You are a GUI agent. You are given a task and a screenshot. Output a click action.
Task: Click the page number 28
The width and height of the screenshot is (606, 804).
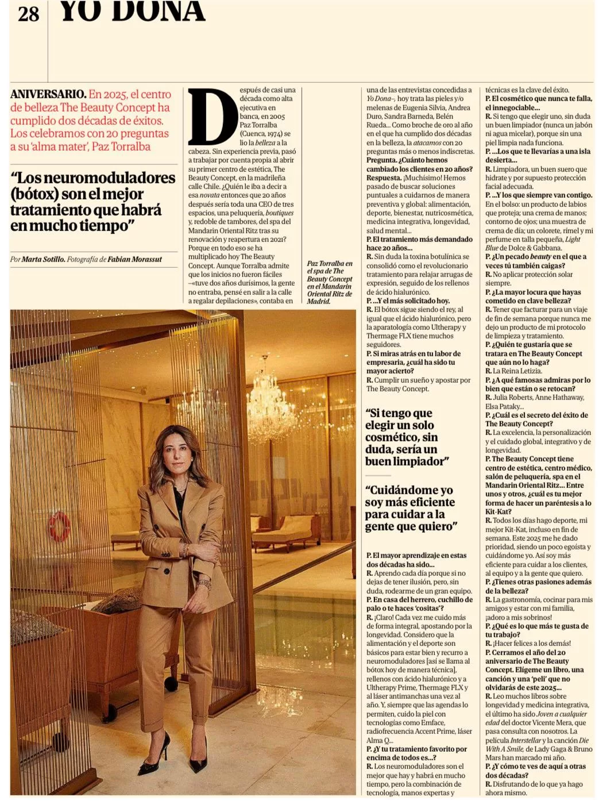[x=28, y=14]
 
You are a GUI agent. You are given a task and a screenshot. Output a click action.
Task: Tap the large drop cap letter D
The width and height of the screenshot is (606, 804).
[x=212, y=117]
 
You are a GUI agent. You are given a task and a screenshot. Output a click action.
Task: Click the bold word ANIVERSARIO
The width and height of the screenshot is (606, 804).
[x=48, y=94]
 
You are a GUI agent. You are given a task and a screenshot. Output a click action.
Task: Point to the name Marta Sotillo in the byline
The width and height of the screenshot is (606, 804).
[x=43, y=260]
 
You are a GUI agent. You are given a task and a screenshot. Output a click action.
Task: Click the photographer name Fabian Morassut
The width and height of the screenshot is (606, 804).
[x=135, y=260]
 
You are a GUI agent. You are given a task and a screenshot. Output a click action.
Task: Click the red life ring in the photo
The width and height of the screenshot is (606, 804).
[x=59, y=526]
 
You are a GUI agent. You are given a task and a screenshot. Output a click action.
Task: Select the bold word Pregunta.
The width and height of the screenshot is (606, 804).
[x=381, y=160]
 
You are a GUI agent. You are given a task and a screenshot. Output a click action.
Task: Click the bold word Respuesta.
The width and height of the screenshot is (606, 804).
[x=384, y=178]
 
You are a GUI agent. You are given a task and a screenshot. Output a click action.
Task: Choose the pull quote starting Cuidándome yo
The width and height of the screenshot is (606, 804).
[x=410, y=508]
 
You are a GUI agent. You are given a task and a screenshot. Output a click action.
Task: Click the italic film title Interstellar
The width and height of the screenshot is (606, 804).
[x=526, y=740]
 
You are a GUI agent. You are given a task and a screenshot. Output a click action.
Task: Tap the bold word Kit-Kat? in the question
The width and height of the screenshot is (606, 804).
[x=497, y=511]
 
